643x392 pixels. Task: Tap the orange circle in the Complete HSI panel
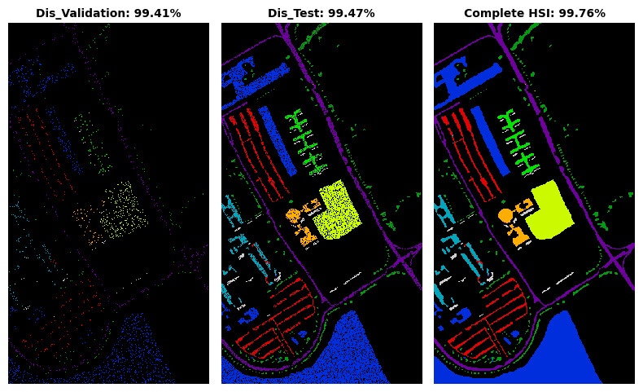(x=505, y=215)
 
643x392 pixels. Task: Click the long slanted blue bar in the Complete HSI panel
(x=490, y=141)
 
